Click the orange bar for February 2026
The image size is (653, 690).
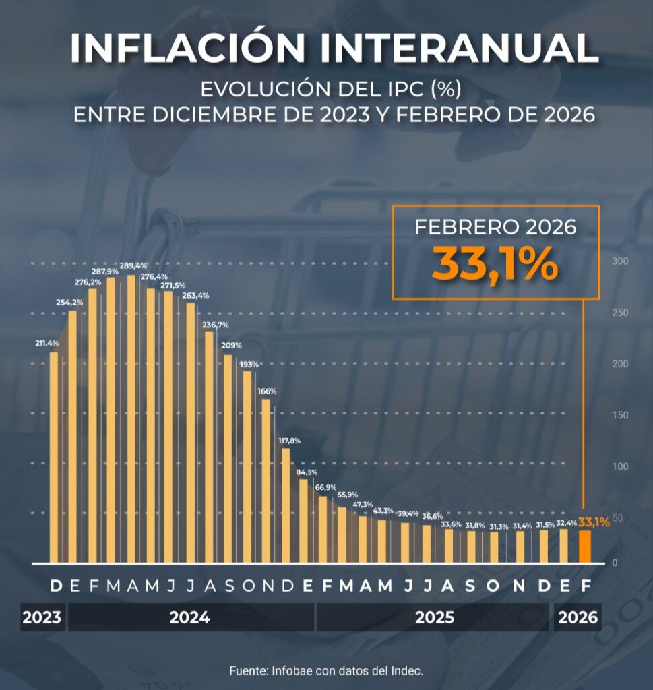click(x=585, y=546)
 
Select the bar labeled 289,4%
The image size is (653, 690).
click(x=131, y=418)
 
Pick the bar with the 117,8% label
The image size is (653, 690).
click(x=286, y=505)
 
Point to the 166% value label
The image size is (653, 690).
click(x=267, y=391)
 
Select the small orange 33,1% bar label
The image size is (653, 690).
click(x=594, y=522)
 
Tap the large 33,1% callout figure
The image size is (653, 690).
click(x=495, y=263)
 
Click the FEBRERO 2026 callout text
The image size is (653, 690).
click(x=495, y=227)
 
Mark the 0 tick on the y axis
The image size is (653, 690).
click(x=615, y=563)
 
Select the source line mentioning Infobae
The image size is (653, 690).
click(x=326, y=670)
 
